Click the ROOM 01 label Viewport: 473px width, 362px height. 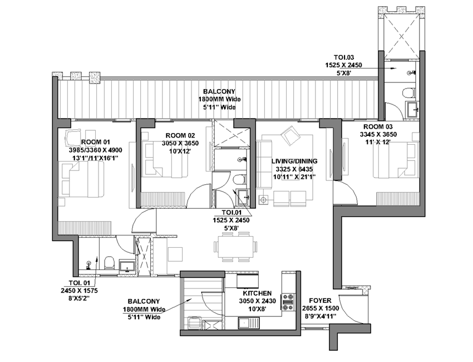[96, 142]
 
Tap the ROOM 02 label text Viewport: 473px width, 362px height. [180, 135]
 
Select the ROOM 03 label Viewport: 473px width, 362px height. [378, 126]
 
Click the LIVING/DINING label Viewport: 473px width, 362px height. [294, 161]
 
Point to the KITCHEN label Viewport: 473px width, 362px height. [257, 293]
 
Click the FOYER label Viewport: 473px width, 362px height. [320, 301]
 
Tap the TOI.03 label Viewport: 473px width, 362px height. [343, 57]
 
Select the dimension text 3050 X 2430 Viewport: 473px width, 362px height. [257, 301]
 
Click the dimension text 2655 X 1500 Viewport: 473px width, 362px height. [321, 309]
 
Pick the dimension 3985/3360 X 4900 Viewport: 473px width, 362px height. [96, 150]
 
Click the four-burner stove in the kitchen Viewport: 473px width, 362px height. [288, 302]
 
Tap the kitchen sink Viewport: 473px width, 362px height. [249, 323]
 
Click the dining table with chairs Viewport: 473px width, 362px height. [236, 247]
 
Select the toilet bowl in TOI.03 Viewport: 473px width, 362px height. [408, 92]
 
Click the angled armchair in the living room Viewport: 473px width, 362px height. [290, 135]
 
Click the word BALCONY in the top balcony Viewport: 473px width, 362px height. [219, 91]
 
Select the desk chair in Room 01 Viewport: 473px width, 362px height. [73, 138]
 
